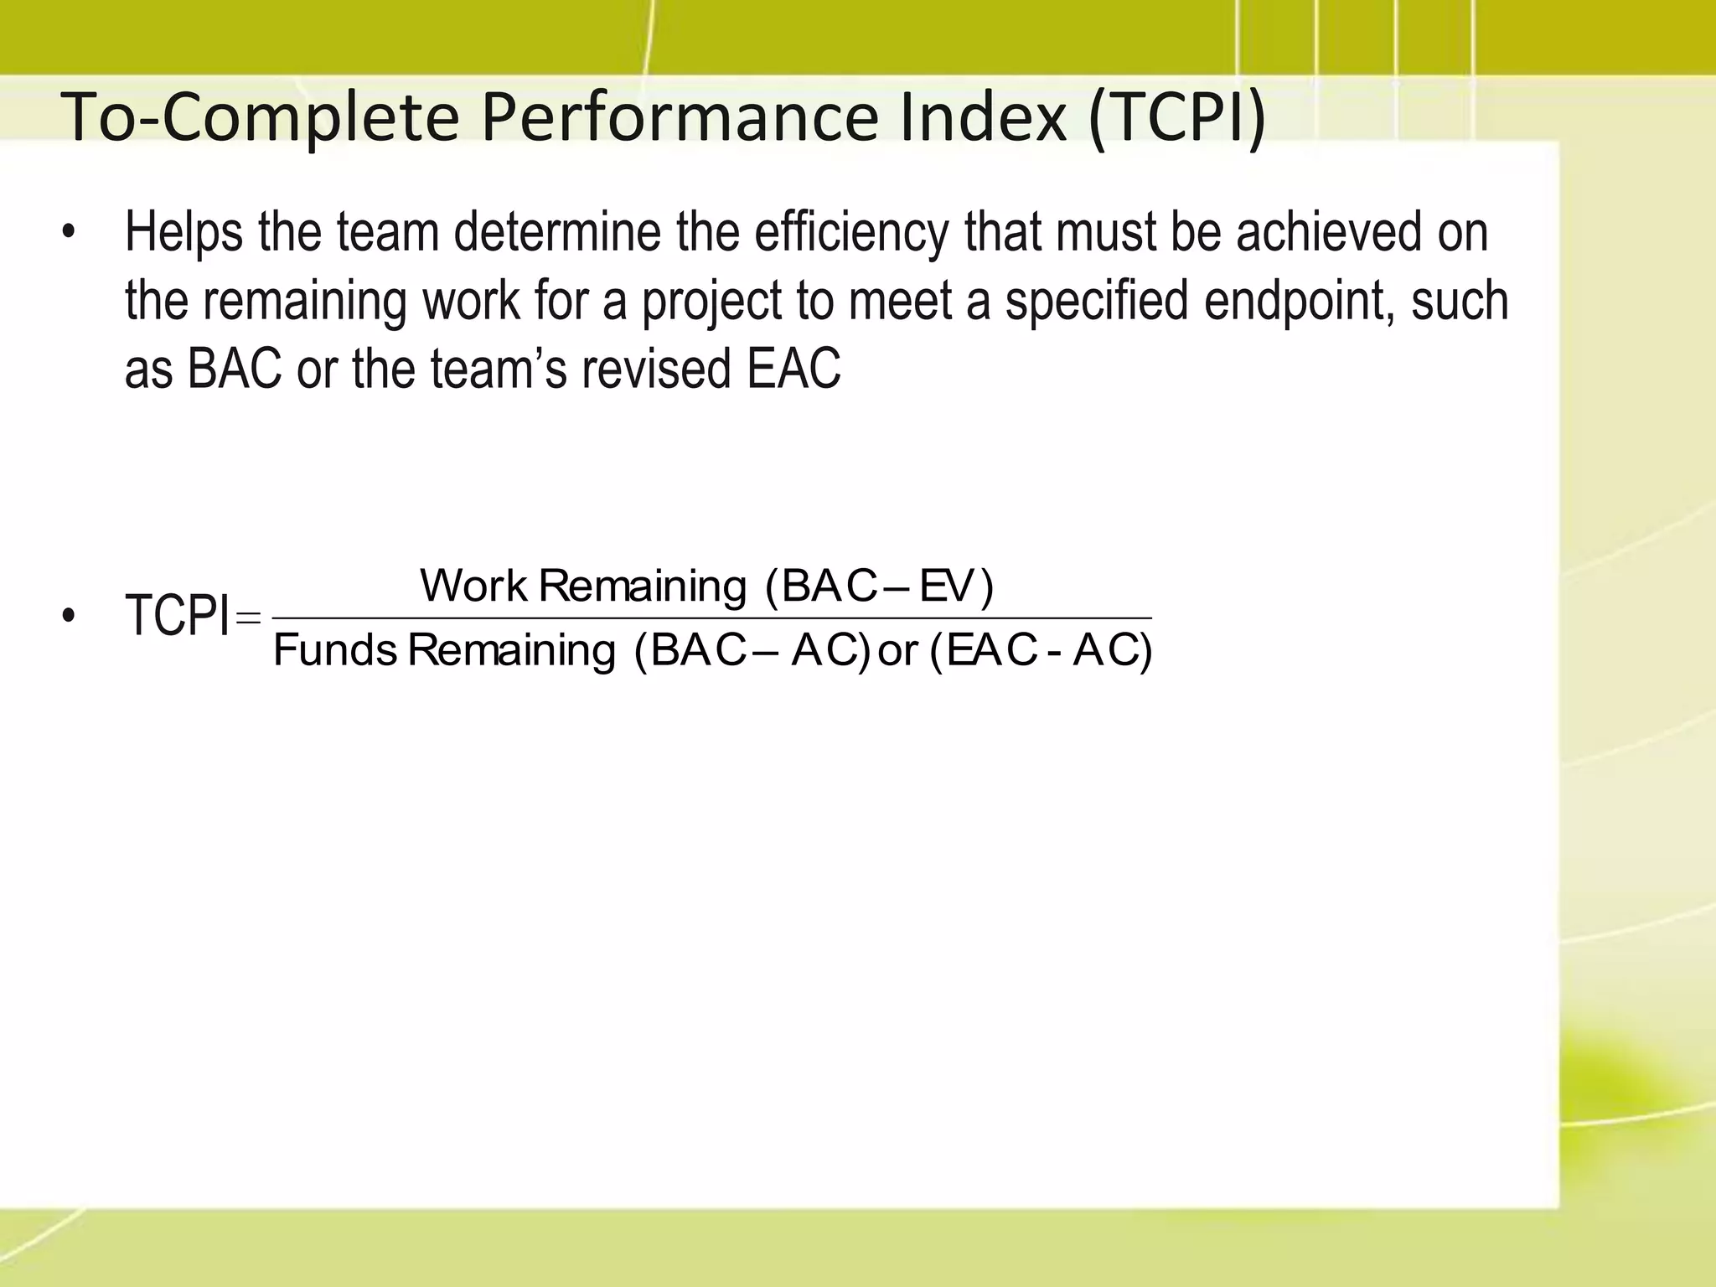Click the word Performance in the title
point(679,117)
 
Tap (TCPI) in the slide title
point(1176,119)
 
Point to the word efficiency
point(850,233)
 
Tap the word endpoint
point(1299,302)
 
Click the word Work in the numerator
point(473,586)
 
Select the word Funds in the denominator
point(335,650)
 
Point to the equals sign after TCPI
point(249,618)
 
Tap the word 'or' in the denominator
point(898,651)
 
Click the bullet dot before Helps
point(69,234)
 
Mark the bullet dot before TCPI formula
point(69,617)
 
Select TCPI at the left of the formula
point(177,615)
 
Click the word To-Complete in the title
point(260,117)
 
